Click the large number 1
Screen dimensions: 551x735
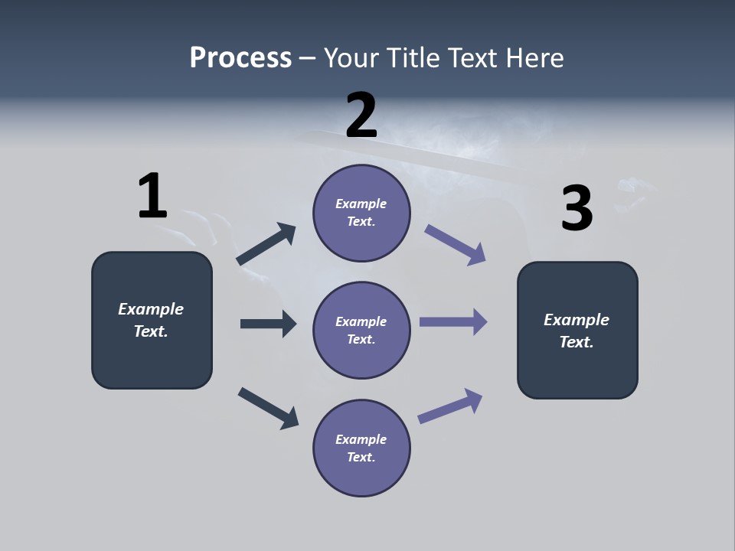click(152, 196)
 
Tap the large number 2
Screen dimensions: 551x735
click(361, 116)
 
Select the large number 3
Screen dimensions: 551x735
click(577, 209)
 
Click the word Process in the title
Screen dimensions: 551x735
click(240, 57)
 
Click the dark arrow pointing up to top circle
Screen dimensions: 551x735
click(266, 245)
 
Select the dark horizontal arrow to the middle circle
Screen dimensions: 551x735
click(268, 324)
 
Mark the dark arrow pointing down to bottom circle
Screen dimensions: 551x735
click(268, 407)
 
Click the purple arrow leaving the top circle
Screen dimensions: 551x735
click(455, 245)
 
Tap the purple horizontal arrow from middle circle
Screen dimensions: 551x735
click(453, 321)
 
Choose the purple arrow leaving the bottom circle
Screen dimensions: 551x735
click(450, 406)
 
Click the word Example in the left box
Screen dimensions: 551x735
click(151, 309)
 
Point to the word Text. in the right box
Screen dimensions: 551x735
click(577, 342)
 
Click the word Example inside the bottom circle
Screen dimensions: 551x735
click(361, 439)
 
